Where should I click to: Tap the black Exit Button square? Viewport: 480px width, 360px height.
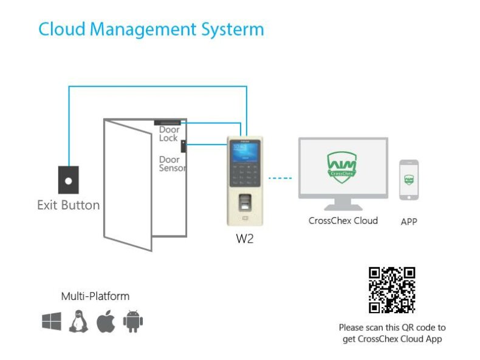pos(68,180)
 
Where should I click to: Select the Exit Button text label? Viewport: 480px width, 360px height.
pos(68,205)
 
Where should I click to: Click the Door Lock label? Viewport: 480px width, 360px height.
pos(169,134)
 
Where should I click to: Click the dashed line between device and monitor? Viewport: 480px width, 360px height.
pos(280,178)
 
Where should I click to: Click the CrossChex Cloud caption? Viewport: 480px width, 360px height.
pos(343,220)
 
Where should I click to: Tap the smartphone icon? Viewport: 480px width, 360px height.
pos(408,180)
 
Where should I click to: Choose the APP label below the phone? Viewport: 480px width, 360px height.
pos(409,222)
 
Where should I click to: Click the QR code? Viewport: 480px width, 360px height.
pos(392,290)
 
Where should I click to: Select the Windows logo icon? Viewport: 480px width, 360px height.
pos(52,321)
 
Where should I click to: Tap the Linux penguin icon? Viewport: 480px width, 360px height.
pos(78,321)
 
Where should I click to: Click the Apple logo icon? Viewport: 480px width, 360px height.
pos(105,321)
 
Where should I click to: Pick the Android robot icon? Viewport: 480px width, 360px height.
pos(132,321)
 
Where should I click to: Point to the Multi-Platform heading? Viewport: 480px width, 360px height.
pos(95,297)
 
